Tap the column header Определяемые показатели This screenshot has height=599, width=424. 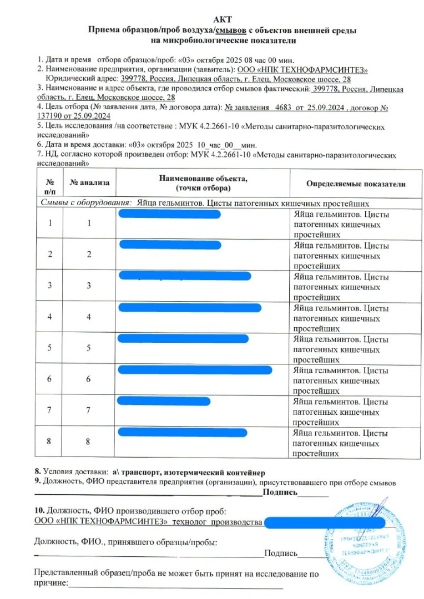(355, 184)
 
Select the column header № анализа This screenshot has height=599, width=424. (90, 182)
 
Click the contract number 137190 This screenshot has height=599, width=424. (53, 116)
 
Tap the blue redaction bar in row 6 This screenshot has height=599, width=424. (195, 370)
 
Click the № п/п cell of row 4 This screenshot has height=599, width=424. (51, 317)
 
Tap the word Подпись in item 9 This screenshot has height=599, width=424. (280, 491)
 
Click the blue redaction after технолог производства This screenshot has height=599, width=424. (325, 522)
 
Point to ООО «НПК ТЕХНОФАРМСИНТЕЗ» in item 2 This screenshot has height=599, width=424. (302, 69)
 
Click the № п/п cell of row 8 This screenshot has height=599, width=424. (51, 441)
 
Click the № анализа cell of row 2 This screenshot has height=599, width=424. (88, 255)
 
